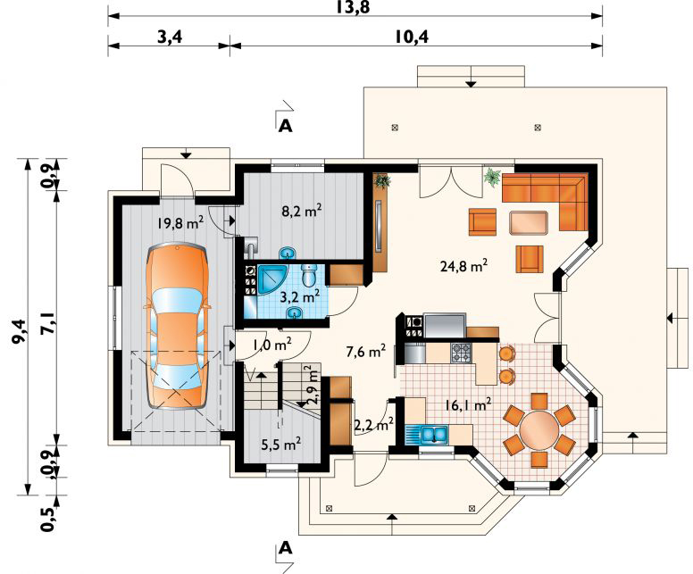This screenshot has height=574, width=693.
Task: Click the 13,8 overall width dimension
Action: pos(353,7)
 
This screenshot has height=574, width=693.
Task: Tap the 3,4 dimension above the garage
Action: pos(170,37)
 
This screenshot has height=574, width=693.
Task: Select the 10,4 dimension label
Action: pos(412,37)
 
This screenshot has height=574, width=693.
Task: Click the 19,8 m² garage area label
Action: pos(180,222)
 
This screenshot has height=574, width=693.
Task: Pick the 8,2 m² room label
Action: pos(302,211)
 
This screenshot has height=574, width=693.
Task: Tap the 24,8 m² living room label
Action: pos(464,265)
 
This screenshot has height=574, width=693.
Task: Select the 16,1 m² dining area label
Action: pos(469,404)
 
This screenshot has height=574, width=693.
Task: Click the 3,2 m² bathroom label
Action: pos(300,296)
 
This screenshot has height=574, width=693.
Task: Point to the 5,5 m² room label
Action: pos(281,444)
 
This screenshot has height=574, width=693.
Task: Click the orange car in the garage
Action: pos(177,326)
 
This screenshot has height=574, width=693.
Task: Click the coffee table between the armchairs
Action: pos(529,222)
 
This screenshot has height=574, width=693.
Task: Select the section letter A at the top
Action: pos(286,127)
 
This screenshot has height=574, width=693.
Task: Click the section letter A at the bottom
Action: pos(286,548)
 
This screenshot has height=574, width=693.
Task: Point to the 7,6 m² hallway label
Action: pos(366,352)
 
